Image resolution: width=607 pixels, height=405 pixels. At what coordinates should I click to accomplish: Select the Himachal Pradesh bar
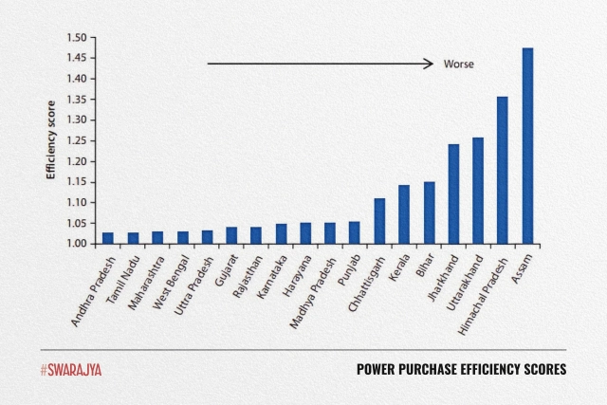coord(503,171)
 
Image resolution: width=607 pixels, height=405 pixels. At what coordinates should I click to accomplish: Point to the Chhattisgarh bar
coord(379,222)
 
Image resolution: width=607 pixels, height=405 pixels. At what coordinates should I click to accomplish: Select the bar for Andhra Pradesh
coord(108,238)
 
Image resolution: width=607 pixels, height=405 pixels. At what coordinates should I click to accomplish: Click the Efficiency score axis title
coord(54,140)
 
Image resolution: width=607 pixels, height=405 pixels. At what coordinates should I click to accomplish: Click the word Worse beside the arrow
coord(458,64)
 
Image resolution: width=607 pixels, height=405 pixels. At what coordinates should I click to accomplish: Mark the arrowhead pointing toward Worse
coord(430,64)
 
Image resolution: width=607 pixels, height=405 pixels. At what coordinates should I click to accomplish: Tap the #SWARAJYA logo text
coord(70,369)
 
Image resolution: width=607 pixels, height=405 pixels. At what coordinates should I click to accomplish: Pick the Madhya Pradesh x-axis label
coord(311,286)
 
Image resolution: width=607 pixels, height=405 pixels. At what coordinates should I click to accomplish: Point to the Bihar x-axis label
coord(424,265)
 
